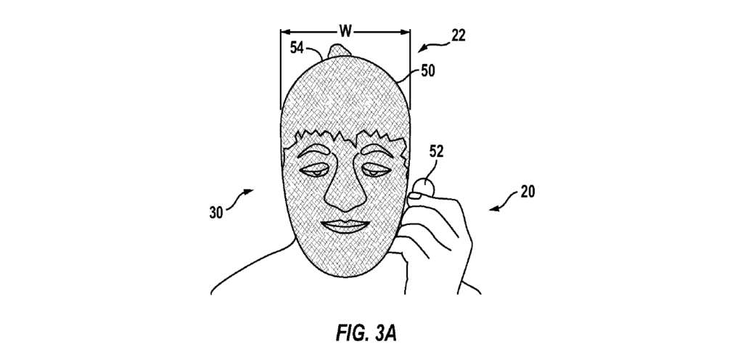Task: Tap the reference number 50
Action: point(429,72)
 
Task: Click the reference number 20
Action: point(528,193)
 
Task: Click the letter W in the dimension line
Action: point(345,31)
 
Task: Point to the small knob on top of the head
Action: point(339,50)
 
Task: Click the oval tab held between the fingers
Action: point(422,186)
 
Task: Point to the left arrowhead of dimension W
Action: point(284,31)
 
